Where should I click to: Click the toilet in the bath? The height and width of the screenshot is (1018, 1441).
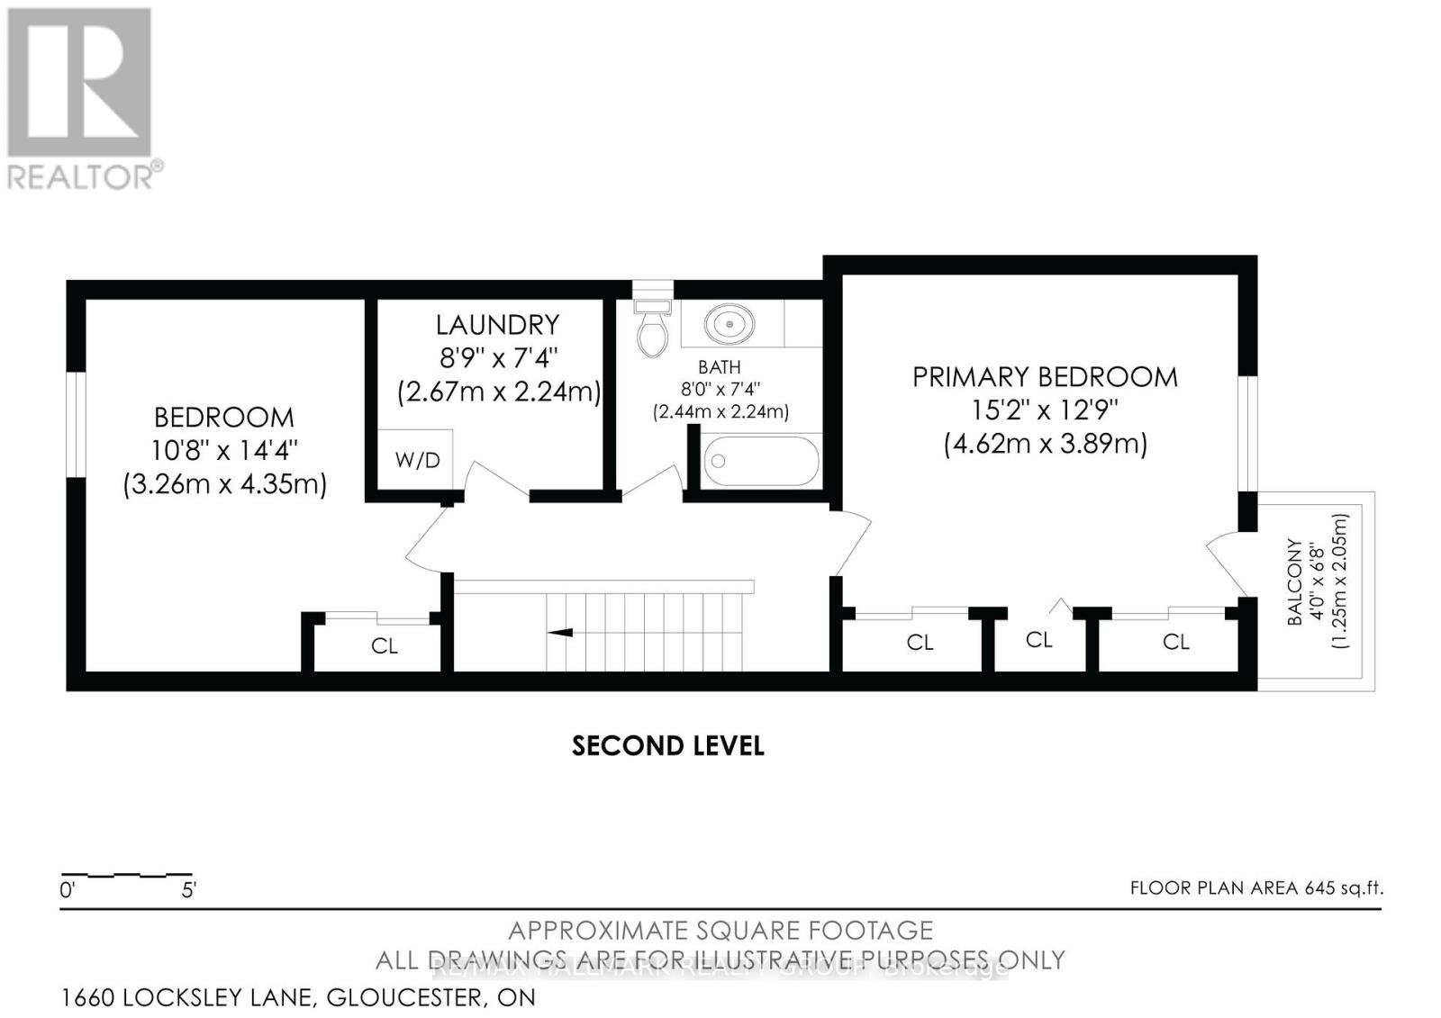click(x=653, y=329)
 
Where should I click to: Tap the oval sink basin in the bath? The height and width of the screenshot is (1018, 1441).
click(x=730, y=323)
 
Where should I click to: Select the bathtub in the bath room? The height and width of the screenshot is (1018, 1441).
click(x=761, y=461)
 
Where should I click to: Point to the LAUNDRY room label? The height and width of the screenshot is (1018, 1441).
click(x=497, y=324)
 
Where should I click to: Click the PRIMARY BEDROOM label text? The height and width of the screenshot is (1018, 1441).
click(x=1045, y=377)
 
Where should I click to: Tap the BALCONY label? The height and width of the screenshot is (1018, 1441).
click(x=1294, y=582)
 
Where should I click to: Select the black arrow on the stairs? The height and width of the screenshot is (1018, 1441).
click(x=560, y=633)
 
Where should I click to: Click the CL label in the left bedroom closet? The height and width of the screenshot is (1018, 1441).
click(x=385, y=646)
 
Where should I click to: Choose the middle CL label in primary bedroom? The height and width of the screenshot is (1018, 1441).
click(x=1039, y=640)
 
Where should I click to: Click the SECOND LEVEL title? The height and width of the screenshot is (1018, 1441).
click(x=667, y=746)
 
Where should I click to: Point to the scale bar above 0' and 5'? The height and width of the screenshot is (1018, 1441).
click(x=126, y=875)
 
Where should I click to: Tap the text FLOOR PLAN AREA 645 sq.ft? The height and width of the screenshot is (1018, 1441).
click(x=1256, y=888)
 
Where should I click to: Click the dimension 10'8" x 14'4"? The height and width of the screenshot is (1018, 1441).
click(x=225, y=450)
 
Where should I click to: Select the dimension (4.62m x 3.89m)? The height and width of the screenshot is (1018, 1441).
click(x=1046, y=444)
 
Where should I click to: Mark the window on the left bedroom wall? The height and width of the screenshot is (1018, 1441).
click(x=77, y=423)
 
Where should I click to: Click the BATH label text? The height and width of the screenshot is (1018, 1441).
click(x=720, y=367)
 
